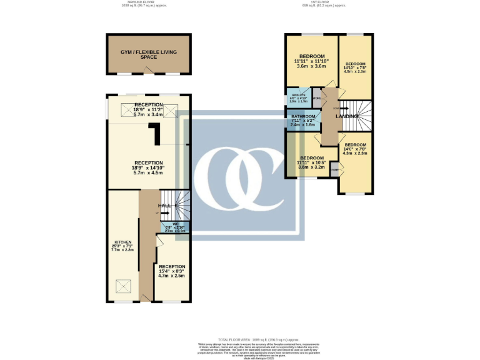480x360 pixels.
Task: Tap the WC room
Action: (x=176, y=227)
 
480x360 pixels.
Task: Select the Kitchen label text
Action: (x=122, y=241)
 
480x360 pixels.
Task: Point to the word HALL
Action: (x=164, y=205)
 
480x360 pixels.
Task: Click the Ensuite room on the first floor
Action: (x=297, y=98)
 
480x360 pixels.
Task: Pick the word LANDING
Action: (x=347, y=116)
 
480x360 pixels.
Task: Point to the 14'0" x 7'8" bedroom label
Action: (x=355, y=149)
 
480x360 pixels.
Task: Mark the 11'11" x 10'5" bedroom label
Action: (x=311, y=163)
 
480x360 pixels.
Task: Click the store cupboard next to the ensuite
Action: (x=317, y=98)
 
